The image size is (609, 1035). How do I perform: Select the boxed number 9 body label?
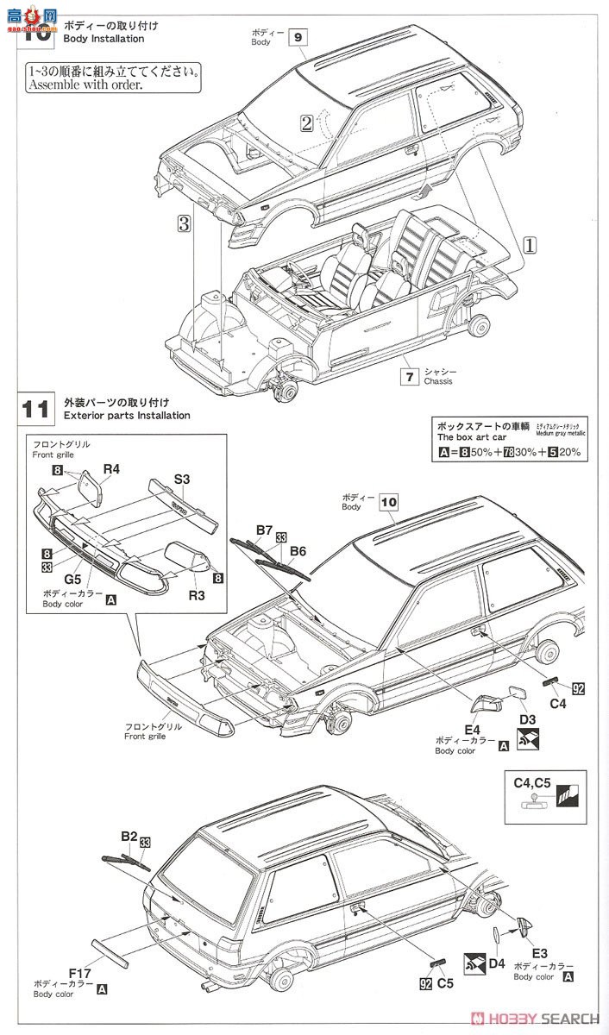298,37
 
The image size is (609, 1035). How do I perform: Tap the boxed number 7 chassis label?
410,376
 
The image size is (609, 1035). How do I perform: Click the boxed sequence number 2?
306,122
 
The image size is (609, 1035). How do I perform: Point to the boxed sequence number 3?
183,224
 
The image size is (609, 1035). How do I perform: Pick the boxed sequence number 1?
530,244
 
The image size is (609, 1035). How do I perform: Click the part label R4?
111,470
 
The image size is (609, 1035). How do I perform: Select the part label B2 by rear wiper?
129,836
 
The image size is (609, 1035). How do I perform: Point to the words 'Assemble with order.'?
84,85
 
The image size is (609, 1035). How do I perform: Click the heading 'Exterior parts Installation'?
127,415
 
